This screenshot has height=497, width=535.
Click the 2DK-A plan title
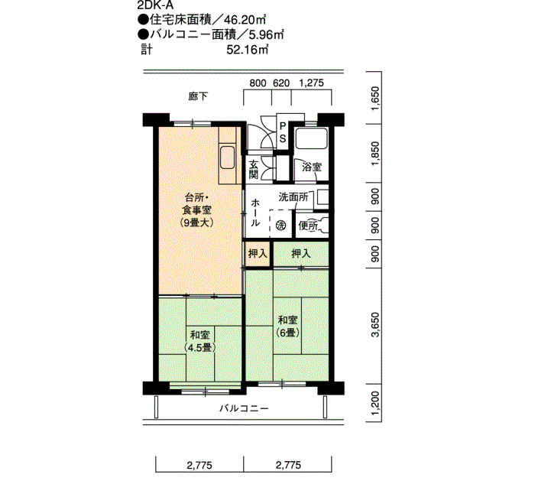coord(155,5)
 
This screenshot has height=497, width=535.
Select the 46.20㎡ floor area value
coord(245,21)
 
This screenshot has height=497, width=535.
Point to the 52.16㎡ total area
coord(248,50)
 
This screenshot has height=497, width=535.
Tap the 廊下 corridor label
coord(198,96)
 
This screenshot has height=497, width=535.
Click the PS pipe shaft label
coord(283,133)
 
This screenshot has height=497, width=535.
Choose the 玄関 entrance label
coord(254,169)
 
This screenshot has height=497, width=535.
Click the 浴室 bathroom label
coord(312,167)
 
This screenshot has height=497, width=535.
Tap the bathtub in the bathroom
coord(312,138)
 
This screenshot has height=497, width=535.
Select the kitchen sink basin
coord(227,158)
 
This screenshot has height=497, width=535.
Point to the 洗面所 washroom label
coord(293,197)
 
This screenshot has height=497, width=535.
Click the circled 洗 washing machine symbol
coord(280,226)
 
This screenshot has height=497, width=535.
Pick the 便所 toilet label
coord(308,226)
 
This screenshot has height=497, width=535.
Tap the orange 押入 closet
coord(258,254)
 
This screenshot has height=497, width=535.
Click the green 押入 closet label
coord(301,254)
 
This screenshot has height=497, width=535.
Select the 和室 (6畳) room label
coord(288,326)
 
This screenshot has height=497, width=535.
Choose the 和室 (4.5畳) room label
coord(200,341)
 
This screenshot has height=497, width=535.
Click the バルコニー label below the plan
coord(244,408)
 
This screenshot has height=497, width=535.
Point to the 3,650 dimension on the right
coord(375,324)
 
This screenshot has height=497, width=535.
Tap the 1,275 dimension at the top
coord(311,83)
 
